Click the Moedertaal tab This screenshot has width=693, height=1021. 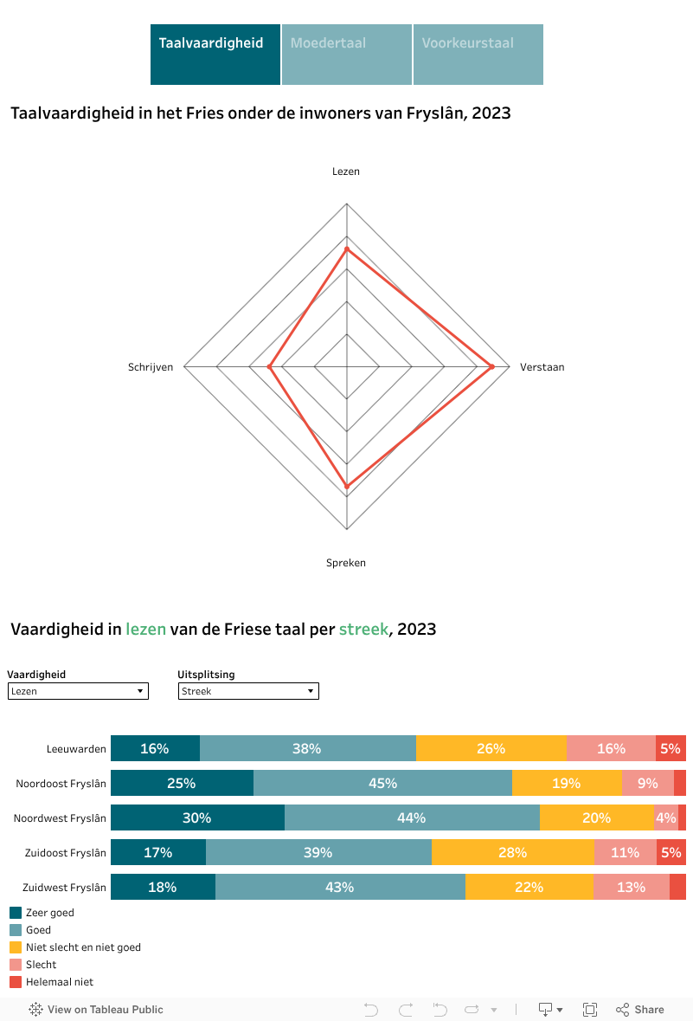pos(346,54)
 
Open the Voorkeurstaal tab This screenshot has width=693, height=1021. pos(478,54)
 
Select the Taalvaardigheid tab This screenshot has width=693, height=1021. pos(215,54)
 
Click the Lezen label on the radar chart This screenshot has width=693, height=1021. pos(346,171)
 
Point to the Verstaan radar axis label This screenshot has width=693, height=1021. pos(542,367)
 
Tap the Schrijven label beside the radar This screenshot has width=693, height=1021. pos(151,367)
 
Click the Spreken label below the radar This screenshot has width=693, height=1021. pos(346,563)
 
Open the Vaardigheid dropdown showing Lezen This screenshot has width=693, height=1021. pos(78,691)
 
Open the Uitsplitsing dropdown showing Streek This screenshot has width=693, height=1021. pos(248,691)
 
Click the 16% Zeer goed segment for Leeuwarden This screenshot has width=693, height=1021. pos(155,748)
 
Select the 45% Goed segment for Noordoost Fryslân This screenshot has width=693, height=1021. pos(382,783)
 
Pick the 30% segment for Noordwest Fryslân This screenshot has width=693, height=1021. pos(197,817)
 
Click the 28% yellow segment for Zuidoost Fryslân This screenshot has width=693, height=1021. pos(512,852)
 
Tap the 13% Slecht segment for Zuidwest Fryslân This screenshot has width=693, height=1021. pos(631,887)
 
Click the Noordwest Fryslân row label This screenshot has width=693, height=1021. pos(60,817)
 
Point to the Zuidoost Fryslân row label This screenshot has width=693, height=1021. pos(65,852)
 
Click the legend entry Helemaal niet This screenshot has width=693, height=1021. pos(59,982)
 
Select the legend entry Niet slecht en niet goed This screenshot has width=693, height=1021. pos(82,947)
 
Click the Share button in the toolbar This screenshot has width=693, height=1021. pos(640,1009)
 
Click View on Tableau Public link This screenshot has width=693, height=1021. pos(96,1009)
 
